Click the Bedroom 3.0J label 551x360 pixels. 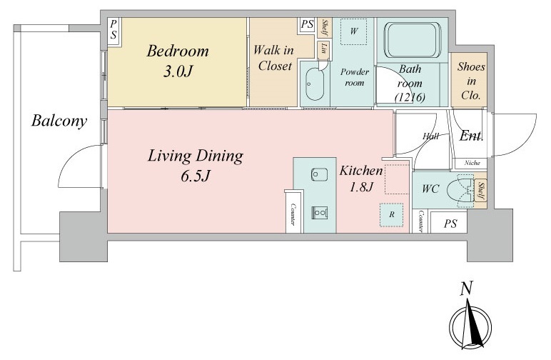(x=178, y=61)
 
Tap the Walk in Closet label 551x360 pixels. (x=273, y=58)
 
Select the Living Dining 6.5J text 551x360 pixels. (x=196, y=165)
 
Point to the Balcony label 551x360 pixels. (x=59, y=121)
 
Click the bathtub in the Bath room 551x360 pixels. (x=413, y=40)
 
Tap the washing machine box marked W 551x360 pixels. (x=353, y=31)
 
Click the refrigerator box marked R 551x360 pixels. (x=391, y=214)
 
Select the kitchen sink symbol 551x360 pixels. (x=319, y=175)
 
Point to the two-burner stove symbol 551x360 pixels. (x=320, y=212)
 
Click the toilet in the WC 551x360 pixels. (x=460, y=190)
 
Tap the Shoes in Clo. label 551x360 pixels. (x=471, y=81)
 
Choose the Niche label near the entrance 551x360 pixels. (x=472, y=163)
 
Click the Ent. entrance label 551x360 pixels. (x=471, y=136)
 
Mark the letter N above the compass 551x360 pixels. (x=466, y=289)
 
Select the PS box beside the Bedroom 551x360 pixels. (x=113, y=31)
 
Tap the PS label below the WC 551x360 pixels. (x=450, y=224)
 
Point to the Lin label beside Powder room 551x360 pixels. (x=323, y=49)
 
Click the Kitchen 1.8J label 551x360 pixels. (x=361, y=179)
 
